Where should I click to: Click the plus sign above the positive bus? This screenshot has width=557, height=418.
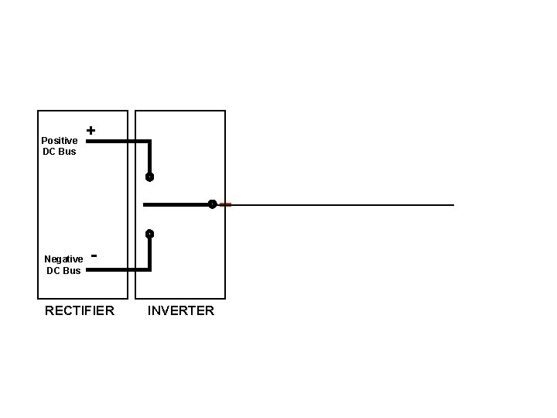[91, 131]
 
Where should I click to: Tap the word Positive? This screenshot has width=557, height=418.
[60, 141]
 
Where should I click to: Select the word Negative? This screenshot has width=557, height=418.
[63, 259]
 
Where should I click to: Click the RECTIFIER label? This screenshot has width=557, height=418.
[80, 311]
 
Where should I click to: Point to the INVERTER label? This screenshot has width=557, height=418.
[181, 311]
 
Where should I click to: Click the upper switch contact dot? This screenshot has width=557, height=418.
[149, 176]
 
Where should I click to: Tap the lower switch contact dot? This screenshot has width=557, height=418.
[149, 234]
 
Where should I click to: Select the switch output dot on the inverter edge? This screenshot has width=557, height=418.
[211, 204]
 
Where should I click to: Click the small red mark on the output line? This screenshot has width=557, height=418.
[225, 204]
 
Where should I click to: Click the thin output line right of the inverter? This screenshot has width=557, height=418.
[340, 205]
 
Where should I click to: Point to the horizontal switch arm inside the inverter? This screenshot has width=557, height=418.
[176, 205]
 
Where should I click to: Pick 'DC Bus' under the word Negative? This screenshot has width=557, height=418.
[63, 271]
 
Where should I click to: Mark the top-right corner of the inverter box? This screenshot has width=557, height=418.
[225, 111]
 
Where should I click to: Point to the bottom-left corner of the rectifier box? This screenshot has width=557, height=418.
[39, 298]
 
